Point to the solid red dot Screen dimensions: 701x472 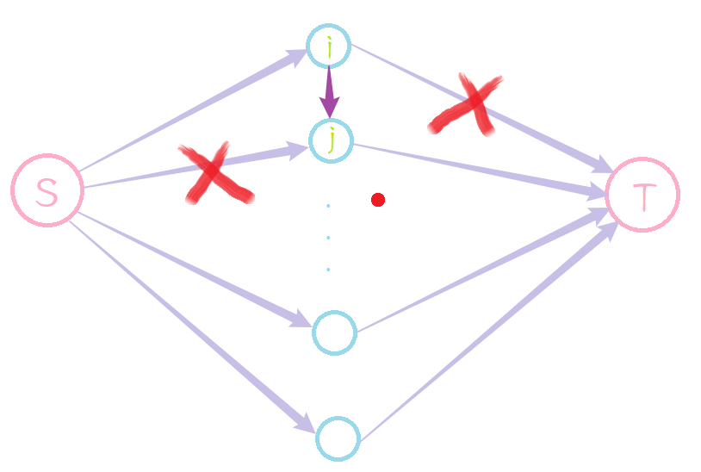tap(378, 200)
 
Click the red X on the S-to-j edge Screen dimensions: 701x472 tap(215, 173)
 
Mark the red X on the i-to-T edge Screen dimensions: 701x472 tap(465, 104)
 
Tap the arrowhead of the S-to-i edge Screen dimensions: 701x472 tap(297, 57)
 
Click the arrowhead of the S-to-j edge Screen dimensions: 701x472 tap(298, 150)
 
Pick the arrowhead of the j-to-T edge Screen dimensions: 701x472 tap(598, 191)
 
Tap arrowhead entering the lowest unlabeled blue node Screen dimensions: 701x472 tap(305, 423)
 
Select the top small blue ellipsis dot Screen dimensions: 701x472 tap(328, 206)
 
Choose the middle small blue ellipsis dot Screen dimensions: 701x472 tap(328, 238)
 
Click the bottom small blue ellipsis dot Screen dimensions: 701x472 tap(328, 270)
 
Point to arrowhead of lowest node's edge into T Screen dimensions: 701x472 tap(610, 230)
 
